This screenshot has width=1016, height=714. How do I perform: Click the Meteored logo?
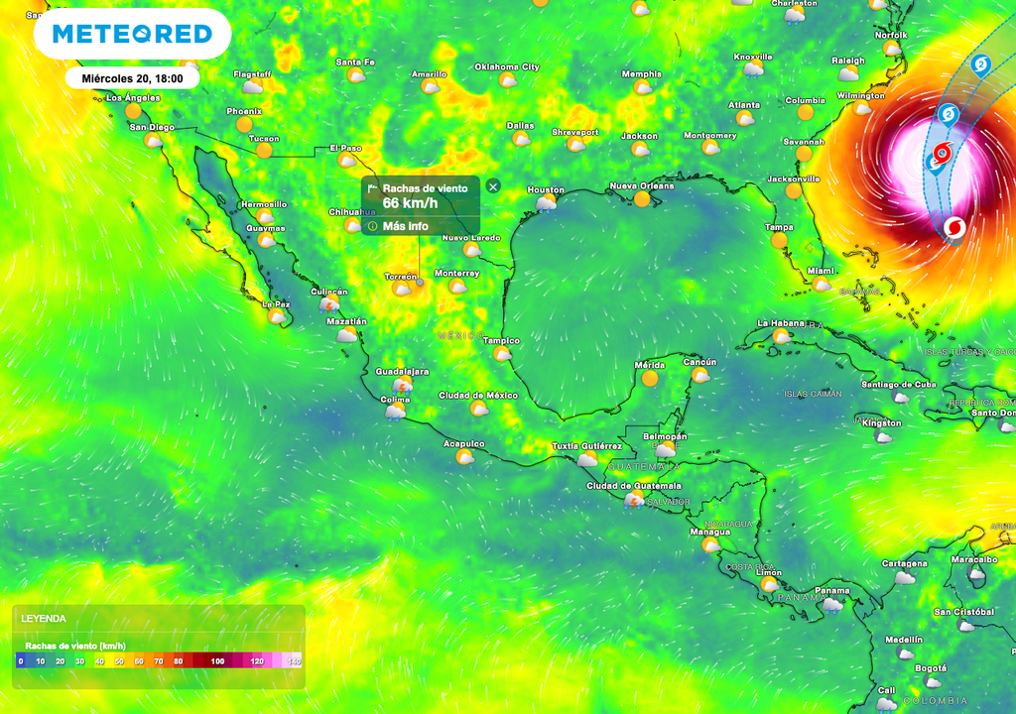(x=132, y=35)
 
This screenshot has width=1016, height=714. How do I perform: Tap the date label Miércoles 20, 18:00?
(x=132, y=77)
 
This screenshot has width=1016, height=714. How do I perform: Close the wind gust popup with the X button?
(x=493, y=186)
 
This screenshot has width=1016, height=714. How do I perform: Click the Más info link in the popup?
(x=405, y=226)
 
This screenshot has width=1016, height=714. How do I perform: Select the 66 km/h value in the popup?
(x=410, y=203)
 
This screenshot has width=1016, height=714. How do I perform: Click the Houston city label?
(x=545, y=189)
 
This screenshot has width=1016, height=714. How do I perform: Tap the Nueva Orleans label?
(x=641, y=185)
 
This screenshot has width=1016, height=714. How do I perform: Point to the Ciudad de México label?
(x=478, y=396)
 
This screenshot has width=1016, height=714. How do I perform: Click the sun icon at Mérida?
(x=650, y=378)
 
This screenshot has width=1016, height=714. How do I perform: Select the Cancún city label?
(x=700, y=362)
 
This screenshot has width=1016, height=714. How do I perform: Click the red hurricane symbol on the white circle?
(x=953, y=228)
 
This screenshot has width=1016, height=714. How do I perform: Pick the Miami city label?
(x=821, y=271)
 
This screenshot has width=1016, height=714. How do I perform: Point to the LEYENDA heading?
(x=44, y=618)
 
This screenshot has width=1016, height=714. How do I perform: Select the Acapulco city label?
(x=463, y=443)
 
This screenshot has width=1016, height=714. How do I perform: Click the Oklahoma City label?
(x=506, y=66)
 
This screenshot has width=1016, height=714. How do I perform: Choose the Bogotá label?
(x=931, y=668)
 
